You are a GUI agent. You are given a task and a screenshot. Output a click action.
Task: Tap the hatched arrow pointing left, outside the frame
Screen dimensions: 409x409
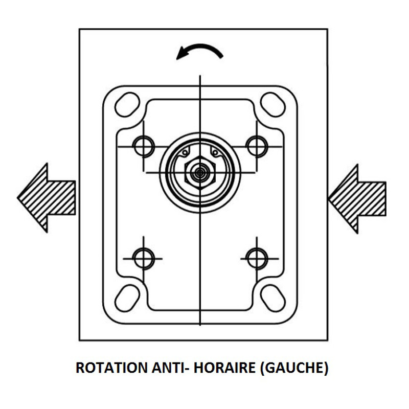[47, 198]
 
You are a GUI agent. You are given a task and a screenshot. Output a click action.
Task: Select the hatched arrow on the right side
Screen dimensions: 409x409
[357, 199]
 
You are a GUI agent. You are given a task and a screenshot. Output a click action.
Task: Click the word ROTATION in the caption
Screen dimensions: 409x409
[111, 368]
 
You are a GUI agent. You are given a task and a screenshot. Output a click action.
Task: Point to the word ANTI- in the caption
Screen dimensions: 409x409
[171, 368]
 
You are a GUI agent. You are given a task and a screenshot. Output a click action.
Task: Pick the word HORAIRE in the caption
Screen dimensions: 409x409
[225, 368]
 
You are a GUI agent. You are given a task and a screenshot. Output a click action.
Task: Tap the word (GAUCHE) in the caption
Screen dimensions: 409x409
[294, 368]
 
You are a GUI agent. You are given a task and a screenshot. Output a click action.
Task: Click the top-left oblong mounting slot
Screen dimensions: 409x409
[127, 104]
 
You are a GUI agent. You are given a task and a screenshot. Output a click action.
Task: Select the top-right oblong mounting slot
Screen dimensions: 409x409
[273, 104]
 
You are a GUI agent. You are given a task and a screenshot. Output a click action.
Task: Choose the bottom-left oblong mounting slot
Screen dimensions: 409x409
[127, 299]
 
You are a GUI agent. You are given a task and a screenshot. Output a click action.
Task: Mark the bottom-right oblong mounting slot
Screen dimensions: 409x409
[273, 299]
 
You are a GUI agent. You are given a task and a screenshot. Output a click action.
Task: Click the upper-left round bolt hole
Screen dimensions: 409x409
[144, 147]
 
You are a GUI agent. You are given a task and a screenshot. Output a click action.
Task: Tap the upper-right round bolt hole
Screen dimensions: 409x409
[257, 147]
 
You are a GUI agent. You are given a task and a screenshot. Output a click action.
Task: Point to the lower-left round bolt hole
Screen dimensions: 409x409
[144, 259]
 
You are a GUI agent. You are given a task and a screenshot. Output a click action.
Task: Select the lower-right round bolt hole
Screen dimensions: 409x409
[257, 259]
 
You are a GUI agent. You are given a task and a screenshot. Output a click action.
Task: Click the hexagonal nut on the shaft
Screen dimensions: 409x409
[200, 172]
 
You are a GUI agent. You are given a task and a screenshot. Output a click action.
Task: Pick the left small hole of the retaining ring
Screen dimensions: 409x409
[185, 152]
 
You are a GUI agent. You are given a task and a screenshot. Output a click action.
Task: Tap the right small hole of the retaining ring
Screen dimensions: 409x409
[215, 152]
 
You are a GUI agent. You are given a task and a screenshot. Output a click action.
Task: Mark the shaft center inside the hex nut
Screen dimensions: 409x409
[200, 172]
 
